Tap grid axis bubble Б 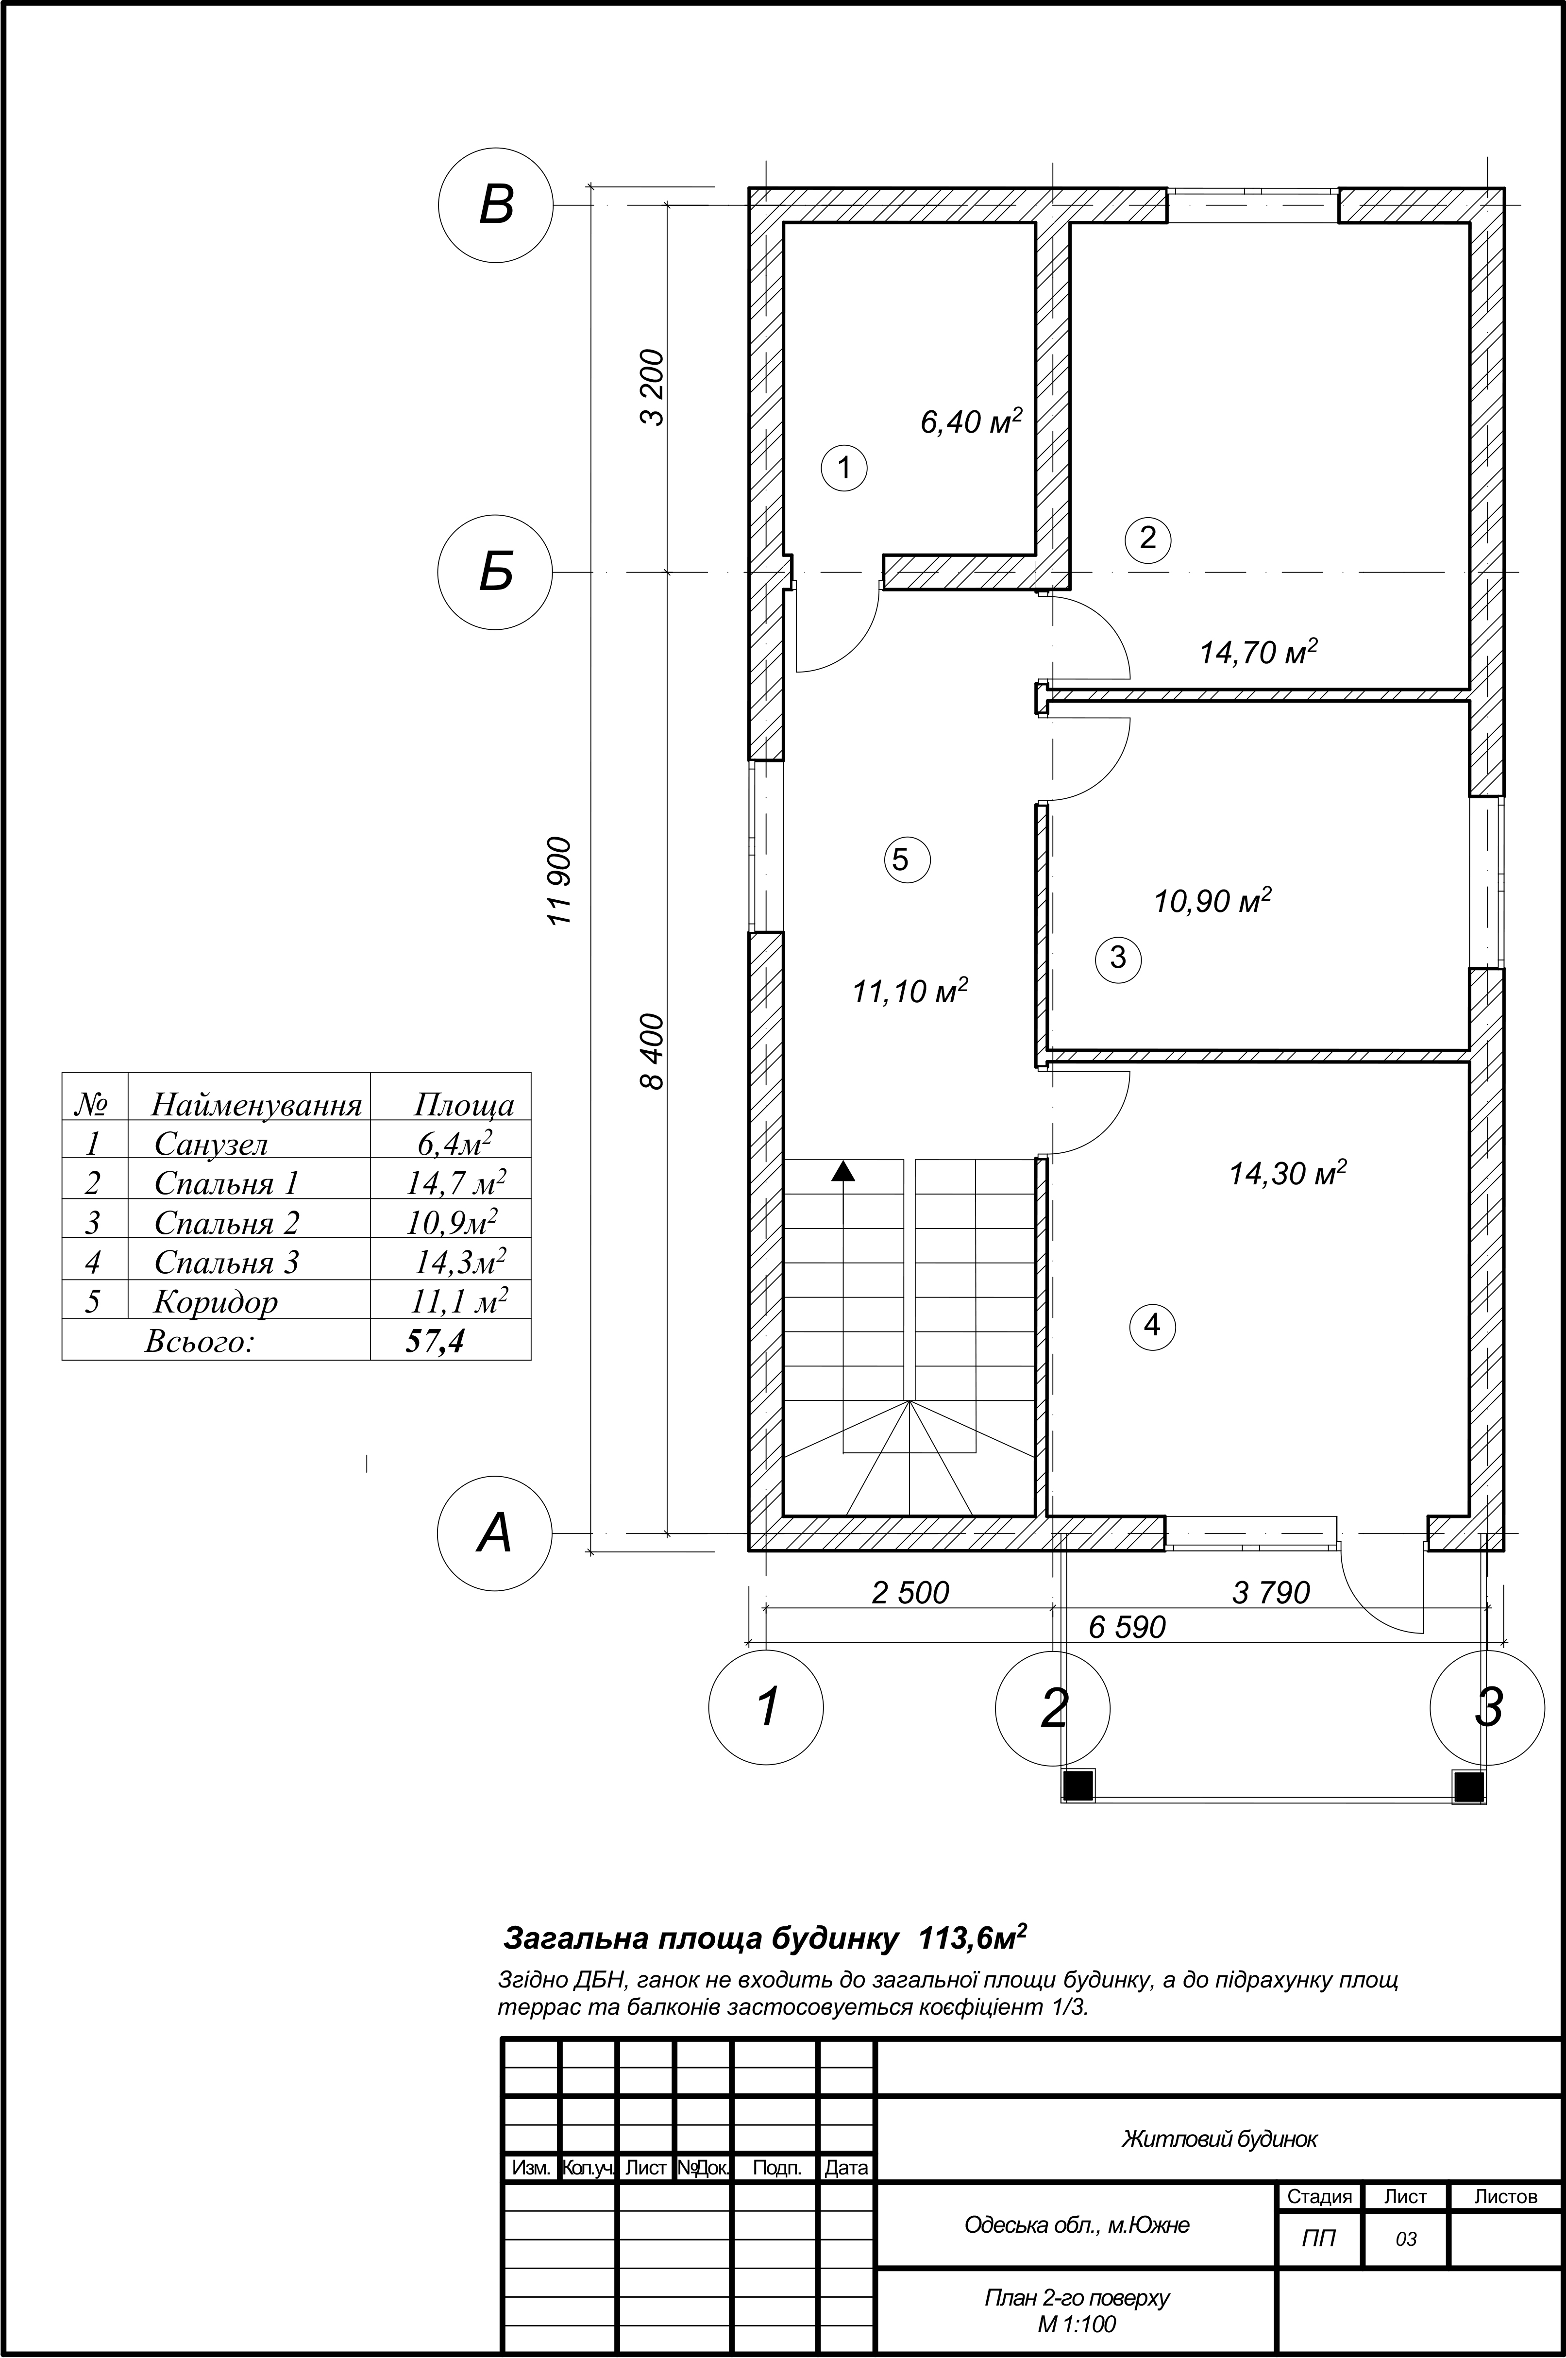(495, 573)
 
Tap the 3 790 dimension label (1270, 1592)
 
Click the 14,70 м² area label (1259, 652)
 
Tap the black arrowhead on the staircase (844, 1172)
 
